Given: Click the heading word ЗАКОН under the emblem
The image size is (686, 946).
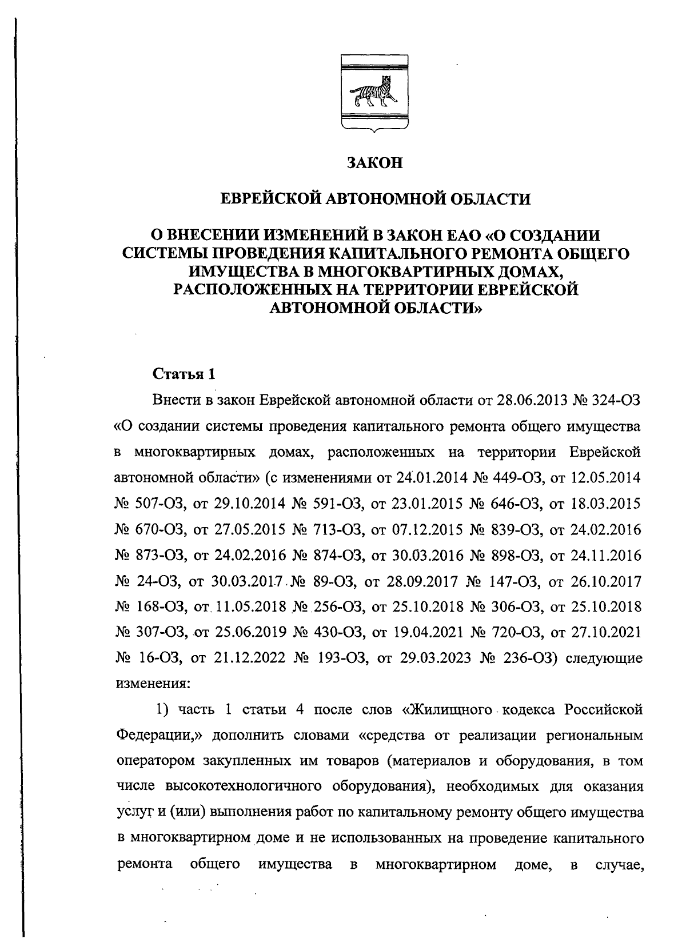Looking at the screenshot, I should coord(375,163).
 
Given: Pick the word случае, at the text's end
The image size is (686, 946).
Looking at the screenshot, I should coord(620,864).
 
